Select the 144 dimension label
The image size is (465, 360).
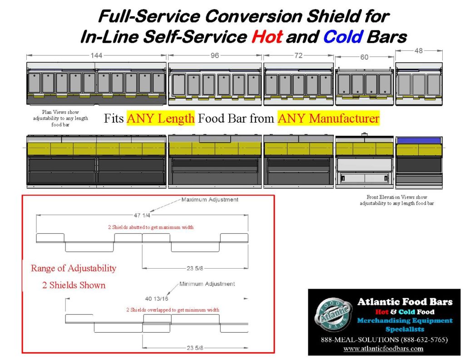[96, 55]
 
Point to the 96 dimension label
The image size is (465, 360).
[214, 55]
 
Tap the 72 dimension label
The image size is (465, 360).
[298, 55]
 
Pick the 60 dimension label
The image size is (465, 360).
[364, 57]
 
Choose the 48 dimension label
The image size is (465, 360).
[418, 51]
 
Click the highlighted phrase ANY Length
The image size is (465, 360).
[161, 119]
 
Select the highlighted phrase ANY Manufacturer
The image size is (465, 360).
[328, 119]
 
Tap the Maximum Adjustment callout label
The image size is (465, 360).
[209, 200]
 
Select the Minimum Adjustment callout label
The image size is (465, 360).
[207, 284]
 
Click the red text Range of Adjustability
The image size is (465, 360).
[74, 268]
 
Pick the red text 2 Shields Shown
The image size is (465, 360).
[68, 285]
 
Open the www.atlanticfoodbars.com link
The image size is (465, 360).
[383, 349]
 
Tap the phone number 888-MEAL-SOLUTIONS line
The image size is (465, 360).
[383, 340]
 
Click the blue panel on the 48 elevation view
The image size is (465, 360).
[419, 140]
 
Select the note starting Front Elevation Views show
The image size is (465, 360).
[397, 200]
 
